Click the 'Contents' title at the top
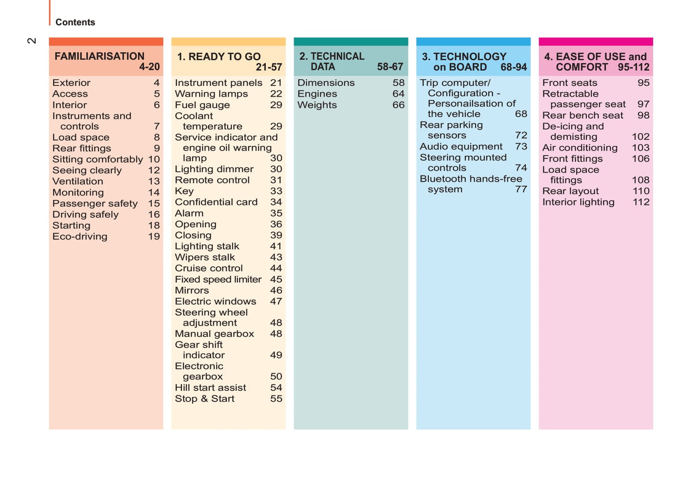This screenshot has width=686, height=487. coord(75,22)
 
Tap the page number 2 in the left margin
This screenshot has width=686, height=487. coord(32,41)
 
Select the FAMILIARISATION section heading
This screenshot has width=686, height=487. coord(99,56)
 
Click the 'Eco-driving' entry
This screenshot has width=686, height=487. coord(80,236)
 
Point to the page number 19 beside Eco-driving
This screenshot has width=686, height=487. coord(154,236)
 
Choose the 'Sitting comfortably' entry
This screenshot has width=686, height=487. coord(97,159)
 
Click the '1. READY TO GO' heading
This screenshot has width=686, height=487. coord(219,57)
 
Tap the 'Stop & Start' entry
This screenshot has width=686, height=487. coord(205,399)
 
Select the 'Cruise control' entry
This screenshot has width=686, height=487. coord(208,268)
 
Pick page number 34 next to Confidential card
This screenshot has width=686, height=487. coord(276,202)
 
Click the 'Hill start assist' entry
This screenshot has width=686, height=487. coord(210,388)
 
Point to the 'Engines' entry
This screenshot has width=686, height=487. coord(317,94)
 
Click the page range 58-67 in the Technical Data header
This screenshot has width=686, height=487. coord(390,67)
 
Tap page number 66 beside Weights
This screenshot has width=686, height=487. coord(398,105)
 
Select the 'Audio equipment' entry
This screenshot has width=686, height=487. coord(461,147)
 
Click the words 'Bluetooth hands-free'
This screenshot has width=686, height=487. coord(471,179)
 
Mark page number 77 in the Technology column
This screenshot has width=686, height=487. coord(521,189)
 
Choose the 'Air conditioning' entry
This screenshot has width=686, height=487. coord(580,148)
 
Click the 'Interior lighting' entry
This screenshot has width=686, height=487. coord(578,202)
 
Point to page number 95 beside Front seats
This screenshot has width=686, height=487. coord(643,83)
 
